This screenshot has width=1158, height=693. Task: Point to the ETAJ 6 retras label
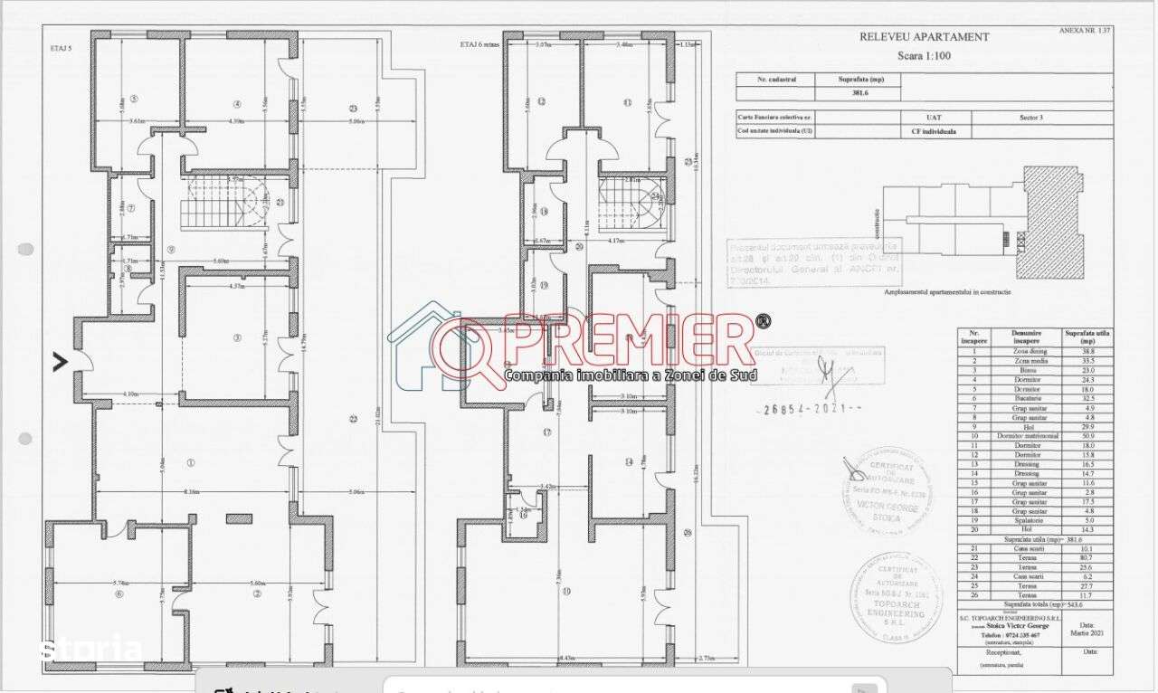point(479,43)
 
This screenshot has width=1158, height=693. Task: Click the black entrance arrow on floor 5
point(60,362)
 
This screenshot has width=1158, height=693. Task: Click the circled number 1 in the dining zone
point(191,462)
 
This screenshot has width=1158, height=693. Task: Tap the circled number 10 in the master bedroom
point(567,593)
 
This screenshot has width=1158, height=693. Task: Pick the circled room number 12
point(541,101)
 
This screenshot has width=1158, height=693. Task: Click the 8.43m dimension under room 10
point(567,658)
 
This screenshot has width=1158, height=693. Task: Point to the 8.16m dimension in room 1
point(191,491)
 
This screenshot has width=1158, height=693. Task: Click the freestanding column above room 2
point(239,518)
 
